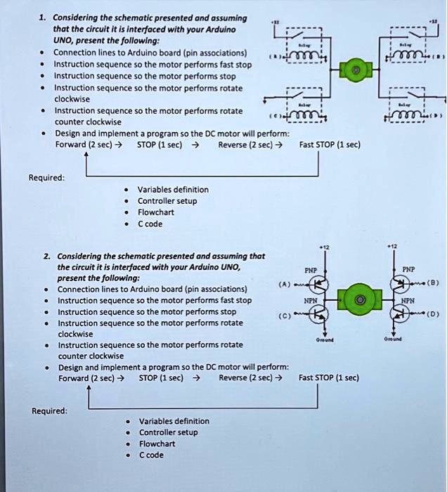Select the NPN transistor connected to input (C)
318,314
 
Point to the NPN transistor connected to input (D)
403,314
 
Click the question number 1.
43,17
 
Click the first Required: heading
47,178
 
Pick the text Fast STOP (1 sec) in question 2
329,377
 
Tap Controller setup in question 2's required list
168,432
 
